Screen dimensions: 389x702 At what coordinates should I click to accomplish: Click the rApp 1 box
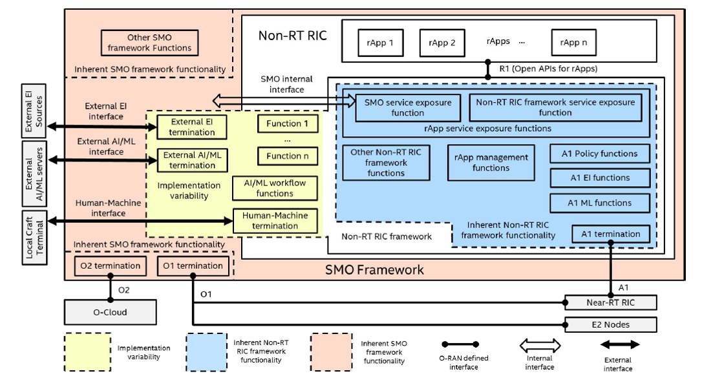(x=381, y=43)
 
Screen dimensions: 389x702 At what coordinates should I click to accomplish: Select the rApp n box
(x=573, y=43)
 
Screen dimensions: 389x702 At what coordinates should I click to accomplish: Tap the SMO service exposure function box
(x=408, y=107)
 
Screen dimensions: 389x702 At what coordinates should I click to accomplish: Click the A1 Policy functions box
(x=599, y=154)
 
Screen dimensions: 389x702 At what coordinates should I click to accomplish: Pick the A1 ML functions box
(x=599, y=203)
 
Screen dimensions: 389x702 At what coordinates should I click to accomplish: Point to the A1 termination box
(x=611, y=234)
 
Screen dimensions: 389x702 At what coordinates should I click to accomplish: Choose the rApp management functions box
(x=491, y=163)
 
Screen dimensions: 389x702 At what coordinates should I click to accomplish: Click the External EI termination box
(x=192, y=127)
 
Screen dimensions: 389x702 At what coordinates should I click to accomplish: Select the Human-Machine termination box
(x=275, y=221)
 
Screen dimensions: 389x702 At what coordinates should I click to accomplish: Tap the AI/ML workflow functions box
(x=275, y=188)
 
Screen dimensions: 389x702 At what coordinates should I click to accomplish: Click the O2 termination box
(x=109, y=266)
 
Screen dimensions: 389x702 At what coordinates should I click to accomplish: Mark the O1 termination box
(x=193, y=266)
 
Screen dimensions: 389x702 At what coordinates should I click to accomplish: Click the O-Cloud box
(x=110, y=312)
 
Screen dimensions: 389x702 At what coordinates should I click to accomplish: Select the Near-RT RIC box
(x=611, y=302)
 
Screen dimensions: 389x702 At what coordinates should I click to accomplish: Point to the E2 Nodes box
(x=611, y=324)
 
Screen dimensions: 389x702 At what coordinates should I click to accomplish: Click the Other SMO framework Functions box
(x=149, y=43)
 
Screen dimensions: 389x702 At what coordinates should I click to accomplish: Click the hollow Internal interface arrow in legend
(x=540, y=344)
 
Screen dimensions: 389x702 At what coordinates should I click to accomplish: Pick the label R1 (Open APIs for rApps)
(x=548, y=68)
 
